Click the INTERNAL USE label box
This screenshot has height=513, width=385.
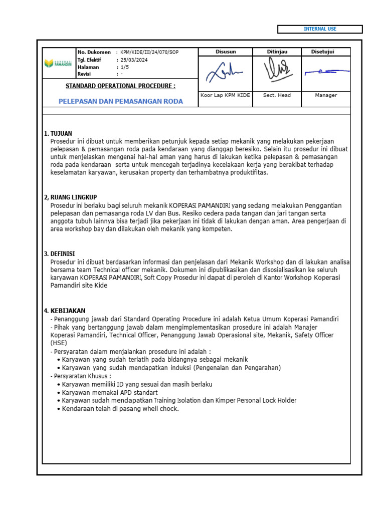[x=319, y=29]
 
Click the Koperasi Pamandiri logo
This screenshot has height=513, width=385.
[x=58, y=63]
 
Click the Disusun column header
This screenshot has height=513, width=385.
[x=226, y=52]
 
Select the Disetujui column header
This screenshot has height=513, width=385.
[x=325, y=52]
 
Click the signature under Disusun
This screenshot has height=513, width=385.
[x=225, y=73]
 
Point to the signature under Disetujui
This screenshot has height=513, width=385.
[x=325, y=73]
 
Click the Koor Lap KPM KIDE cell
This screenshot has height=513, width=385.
[x=226, y=95]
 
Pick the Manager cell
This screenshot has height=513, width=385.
[x=325, y=95]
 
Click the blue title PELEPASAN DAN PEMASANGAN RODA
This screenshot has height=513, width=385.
[x=121, y=101]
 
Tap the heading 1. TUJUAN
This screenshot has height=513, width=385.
[x=58, y=134]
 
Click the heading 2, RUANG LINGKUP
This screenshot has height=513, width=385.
[x=70, y=197]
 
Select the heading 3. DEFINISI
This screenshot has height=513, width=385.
[x=60, y=254]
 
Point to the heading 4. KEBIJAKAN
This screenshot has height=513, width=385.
[x=65, y=311]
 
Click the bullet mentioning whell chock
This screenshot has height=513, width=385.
[x=120, y=409]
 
